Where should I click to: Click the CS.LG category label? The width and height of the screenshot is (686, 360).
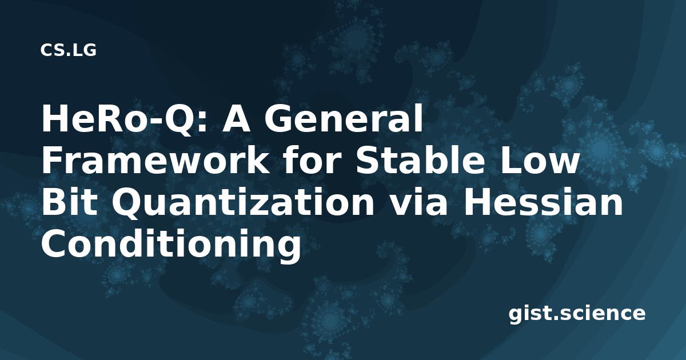point(68,50)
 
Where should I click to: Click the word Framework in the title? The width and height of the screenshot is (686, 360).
point(155,160)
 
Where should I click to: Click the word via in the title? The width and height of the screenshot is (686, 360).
point(418,202)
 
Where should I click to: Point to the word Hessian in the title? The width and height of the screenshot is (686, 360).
point(543,202)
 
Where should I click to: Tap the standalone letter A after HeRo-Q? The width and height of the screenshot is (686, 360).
point(235,119)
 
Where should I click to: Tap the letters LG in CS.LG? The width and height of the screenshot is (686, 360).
point(85,50)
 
